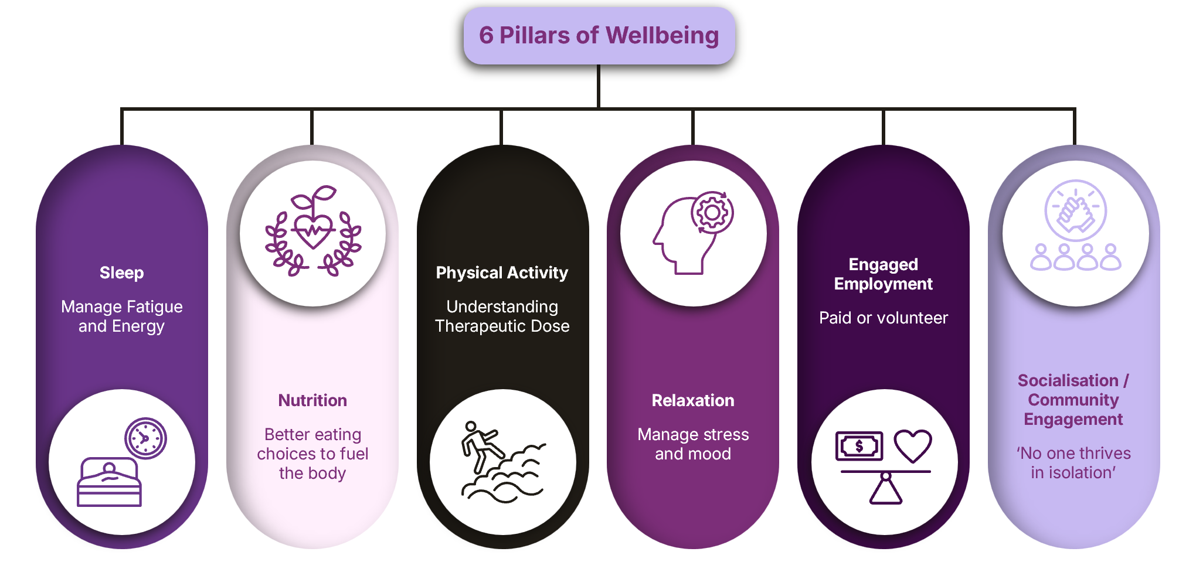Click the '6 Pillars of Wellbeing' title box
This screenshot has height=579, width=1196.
click(599, 35)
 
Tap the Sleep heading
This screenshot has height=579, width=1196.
click(121, 273)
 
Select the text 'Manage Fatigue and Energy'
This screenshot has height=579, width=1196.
click(121, 316)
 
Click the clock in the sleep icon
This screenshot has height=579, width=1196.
click(145, 438)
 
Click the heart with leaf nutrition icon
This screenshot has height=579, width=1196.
click(314, 229)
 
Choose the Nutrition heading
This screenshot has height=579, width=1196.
click(312, 401)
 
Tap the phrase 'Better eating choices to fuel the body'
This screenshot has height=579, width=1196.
click(312, 454)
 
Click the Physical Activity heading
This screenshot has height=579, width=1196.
click(502, 273)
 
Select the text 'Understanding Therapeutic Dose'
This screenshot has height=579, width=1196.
click(502, 316)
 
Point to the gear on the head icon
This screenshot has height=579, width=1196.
click(712, 213)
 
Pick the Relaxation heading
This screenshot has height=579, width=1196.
click(693, 401)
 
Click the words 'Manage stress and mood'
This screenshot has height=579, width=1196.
click(693, 444)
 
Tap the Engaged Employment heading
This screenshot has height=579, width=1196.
click(883, 274)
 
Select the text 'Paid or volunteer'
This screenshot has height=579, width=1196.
click(883, 318)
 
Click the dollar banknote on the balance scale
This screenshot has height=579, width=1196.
click(859, 447)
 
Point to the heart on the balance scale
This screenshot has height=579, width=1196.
click(913, 445)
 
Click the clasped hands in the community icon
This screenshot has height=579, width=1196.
click(1075, 212)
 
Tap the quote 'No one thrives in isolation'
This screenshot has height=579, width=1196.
click(1073, 463)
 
